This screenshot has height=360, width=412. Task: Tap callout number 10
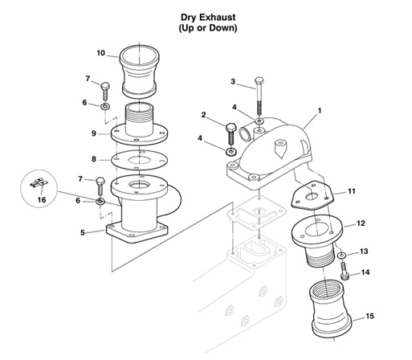tap(101, 53)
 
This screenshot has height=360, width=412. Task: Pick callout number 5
tap(83, 233)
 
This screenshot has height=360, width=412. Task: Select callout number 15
tap(370, 316)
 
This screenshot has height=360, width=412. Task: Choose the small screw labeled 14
tap(345, 272)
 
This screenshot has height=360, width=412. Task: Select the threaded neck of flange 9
tap(143, 117)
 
